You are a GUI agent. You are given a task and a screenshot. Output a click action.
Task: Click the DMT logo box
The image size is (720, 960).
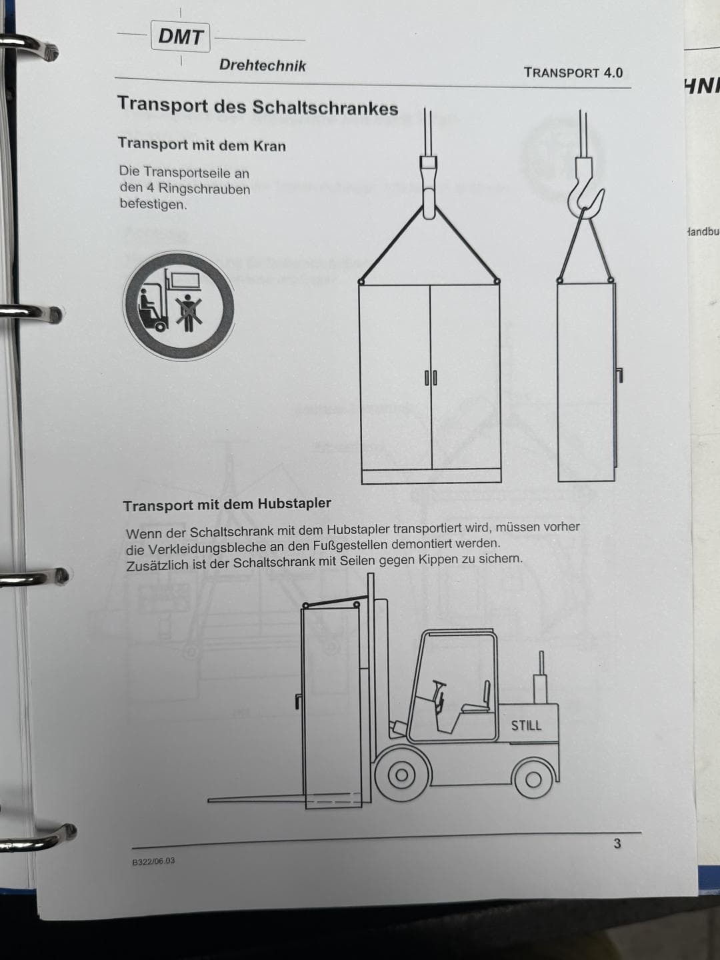pos(181,37)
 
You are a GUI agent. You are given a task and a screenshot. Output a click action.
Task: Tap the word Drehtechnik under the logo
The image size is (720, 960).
pos(262,65)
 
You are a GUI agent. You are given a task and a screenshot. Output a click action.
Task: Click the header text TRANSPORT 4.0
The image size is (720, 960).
pos(573,73)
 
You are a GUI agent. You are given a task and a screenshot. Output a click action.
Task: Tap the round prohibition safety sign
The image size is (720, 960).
pos(179,305)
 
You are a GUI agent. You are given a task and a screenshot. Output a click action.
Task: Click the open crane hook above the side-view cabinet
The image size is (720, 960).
pos(586,190)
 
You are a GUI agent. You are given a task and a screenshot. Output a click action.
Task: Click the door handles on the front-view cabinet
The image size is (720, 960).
pos(431,378)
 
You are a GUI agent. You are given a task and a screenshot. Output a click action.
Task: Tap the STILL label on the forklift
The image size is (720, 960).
pos(526,725)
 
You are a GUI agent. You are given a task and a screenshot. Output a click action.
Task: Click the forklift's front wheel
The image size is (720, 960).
pos(401,775)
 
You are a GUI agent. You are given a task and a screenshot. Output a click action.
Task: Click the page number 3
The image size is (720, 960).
pos(617,843)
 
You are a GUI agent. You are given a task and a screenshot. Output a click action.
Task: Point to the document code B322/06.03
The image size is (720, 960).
pos(153,861)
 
